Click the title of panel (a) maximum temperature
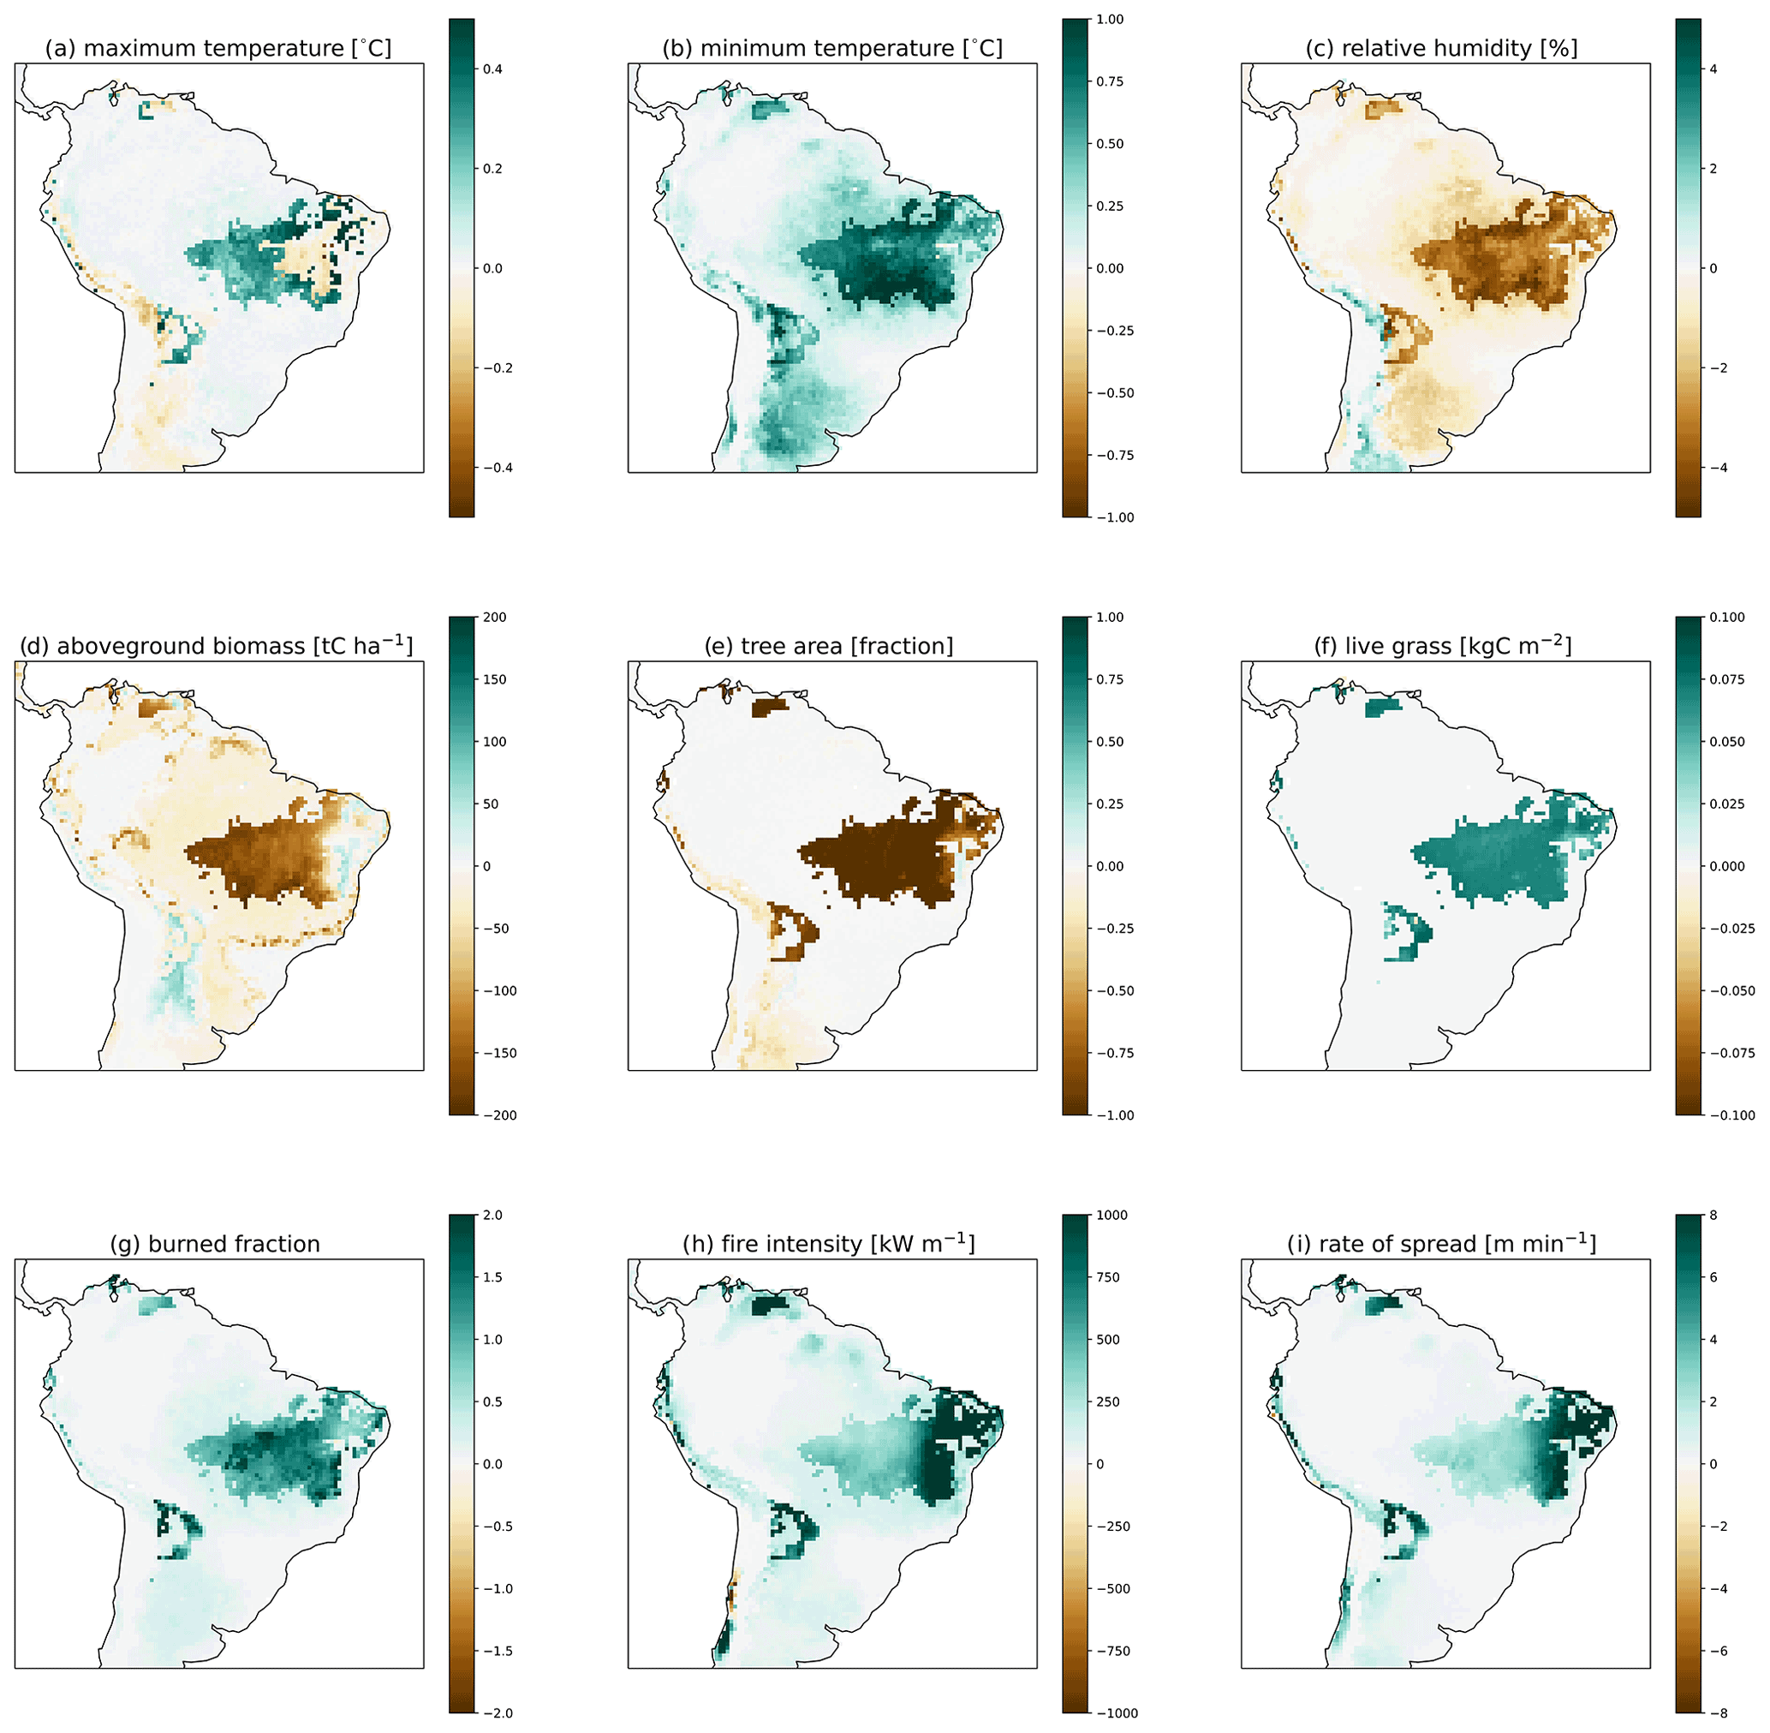click(x=218, y=48)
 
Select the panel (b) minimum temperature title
click(x=831, y=48)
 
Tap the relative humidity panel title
click(x=1445, y=48)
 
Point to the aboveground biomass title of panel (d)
click(x=217, y=645)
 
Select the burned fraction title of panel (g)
click(x=217, y=1244)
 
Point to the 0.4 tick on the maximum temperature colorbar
click(x=492, y=69)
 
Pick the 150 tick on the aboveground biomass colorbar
click(x=494, y=680)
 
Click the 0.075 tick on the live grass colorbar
click(x=1725, y=680)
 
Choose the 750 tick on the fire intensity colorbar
click(x=1107, y=1278)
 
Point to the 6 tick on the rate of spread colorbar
click(x=1713, y=1278)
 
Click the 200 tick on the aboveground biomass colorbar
click(x=494, y=617)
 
